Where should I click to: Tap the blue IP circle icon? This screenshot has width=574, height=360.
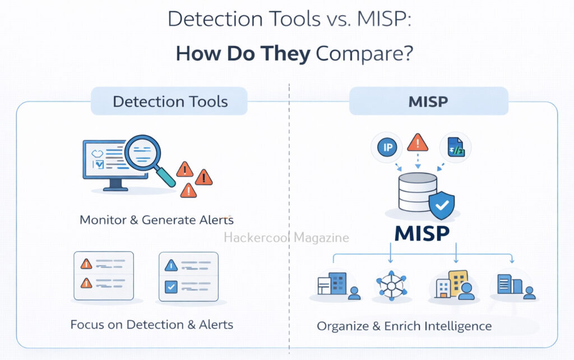click(x=387, y=148)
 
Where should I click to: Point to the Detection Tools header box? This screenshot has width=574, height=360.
click(x=170, y=101)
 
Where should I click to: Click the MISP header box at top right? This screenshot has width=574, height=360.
click(x=428, y=101)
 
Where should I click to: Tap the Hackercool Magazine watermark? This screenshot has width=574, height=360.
click(x=286, y=238)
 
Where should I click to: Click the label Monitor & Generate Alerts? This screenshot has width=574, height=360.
click(x=156, y=219)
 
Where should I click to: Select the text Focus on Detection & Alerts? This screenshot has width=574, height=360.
click(x=151, y=324)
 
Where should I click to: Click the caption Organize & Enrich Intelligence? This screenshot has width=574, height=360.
click(x=404, y=326)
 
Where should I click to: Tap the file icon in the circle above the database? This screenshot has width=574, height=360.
click(x=455, y=147)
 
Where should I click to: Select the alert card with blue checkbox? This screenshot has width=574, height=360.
click(x=188, y=276)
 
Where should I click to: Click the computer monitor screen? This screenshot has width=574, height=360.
click(x=107, y=158)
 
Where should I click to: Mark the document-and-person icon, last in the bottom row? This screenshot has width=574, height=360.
click(x=515, y=286)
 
